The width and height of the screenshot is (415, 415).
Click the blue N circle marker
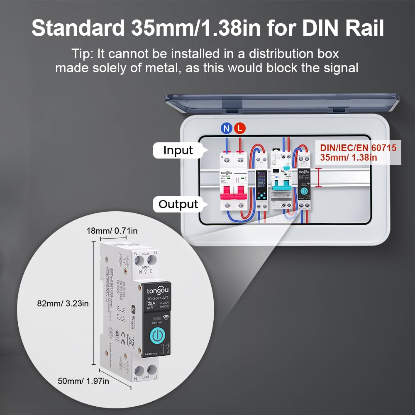tap(227, 128)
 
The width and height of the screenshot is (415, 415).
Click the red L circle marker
tap(239, 128)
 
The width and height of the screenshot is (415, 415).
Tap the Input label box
tap(178, 150)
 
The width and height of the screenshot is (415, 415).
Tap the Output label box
tap(178, 204)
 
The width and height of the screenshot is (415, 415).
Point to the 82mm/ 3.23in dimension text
tap(62, 303)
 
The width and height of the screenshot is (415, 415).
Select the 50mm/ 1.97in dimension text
tap(83, 381)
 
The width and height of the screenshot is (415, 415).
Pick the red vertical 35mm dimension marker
tap(319, 178)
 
